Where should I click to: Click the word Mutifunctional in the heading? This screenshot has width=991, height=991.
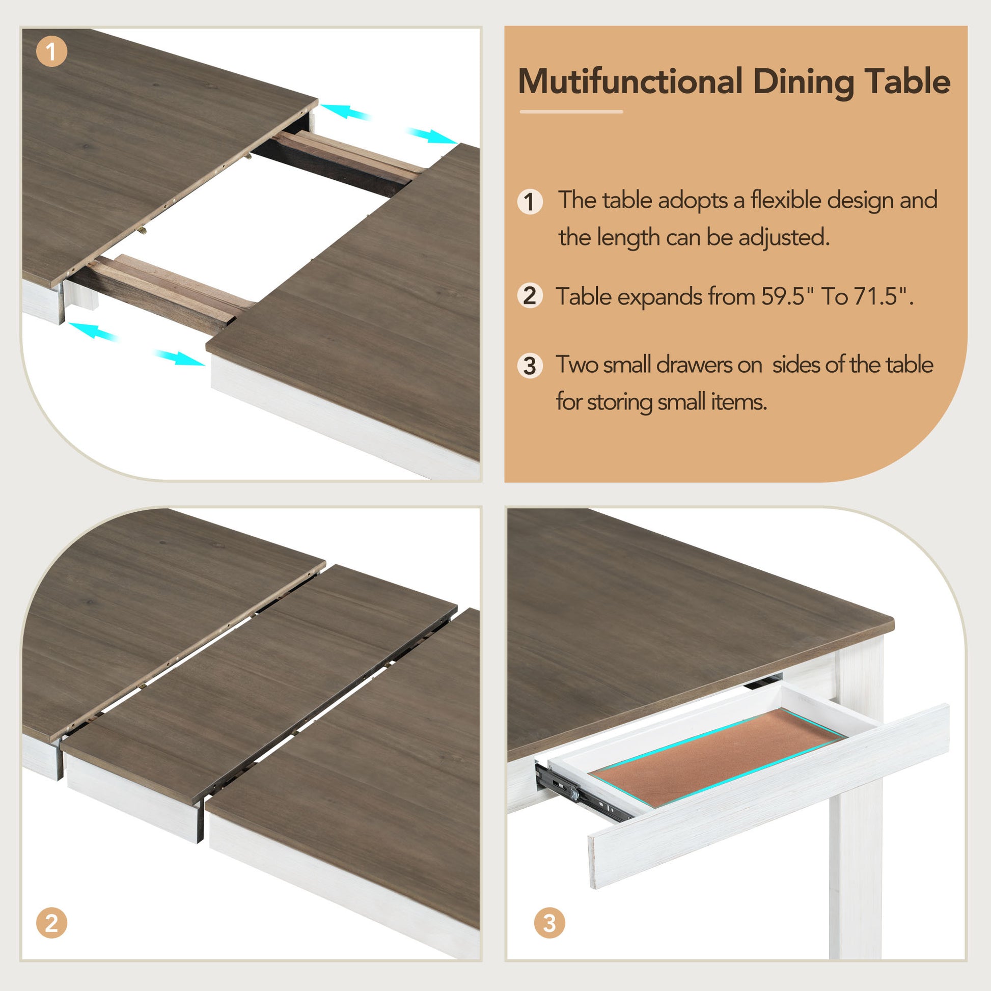630,82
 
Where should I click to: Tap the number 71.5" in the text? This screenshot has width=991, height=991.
882,296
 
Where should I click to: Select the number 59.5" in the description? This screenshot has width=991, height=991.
790,296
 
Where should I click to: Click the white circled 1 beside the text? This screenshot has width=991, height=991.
530,202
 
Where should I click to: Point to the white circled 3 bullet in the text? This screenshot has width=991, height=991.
530,366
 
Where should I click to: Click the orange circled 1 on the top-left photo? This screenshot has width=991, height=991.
51,51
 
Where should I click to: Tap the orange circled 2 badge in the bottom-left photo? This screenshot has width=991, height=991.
51,923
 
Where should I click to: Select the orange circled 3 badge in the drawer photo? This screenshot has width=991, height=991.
549,923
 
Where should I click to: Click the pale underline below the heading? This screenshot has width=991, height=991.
571,112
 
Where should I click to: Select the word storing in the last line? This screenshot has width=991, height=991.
620,402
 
